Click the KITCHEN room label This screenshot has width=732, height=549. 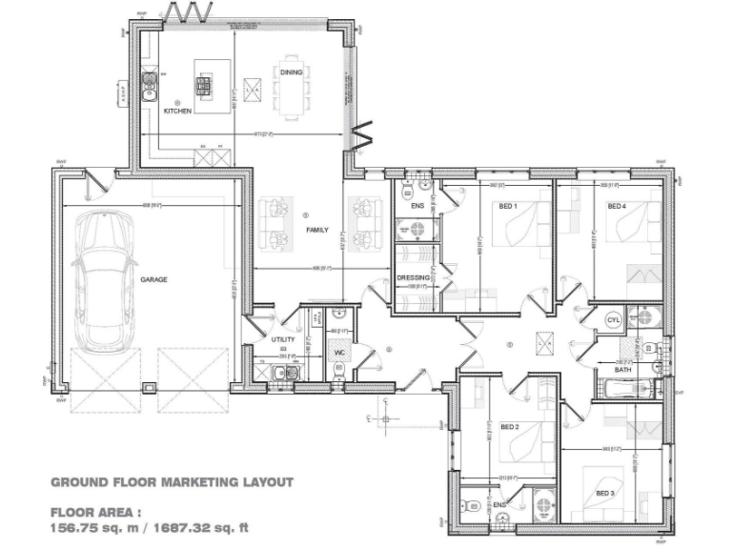pos(178,112)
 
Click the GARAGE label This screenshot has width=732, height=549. pos(153,280)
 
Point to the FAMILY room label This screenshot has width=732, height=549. pos(316,231)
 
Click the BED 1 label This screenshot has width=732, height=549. pos(508,207)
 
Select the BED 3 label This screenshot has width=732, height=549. pos(604,493)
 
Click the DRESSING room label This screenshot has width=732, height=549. pos(413,278)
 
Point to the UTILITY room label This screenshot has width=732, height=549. pos(283,339)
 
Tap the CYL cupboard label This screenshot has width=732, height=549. pos(613,321)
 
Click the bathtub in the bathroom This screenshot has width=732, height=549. pos(625,387)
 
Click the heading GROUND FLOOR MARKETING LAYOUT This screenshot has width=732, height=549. pos(171,482)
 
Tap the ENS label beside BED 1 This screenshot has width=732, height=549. pos(417,206)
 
